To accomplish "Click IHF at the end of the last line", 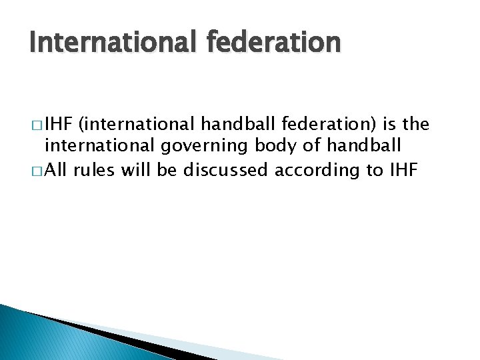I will point(402,170).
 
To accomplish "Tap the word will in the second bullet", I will point(136,170).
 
